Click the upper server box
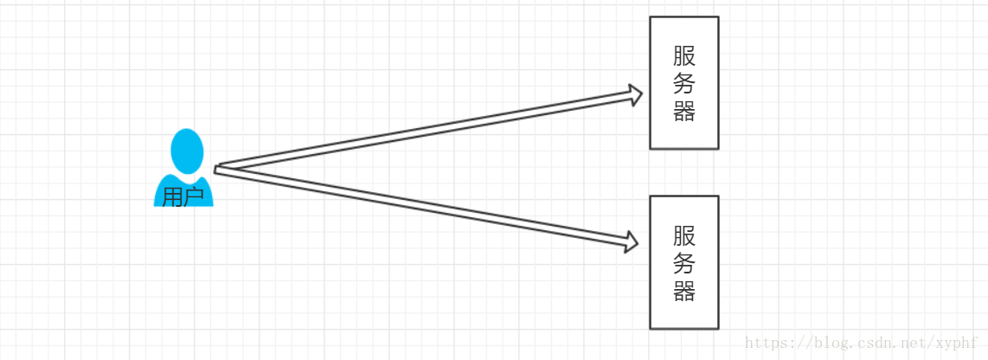[684, 82]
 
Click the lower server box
[684, 262]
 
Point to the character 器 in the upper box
[684, 111]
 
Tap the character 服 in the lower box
[684, 236]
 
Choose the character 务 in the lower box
[684, 264]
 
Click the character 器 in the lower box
[684, 291]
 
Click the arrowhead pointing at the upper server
[633, 94]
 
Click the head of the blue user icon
[187, 151]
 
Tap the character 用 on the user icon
[173, 197]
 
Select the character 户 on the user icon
[194, 197]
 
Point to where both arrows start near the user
[217, 170]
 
